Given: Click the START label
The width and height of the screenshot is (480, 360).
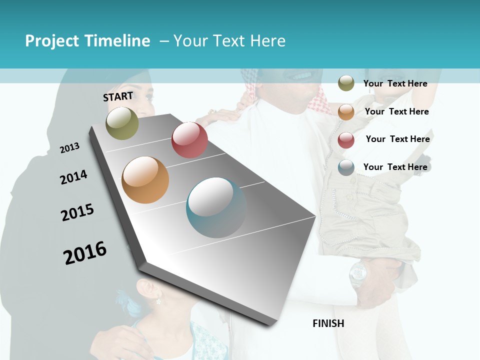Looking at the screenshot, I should click(118, 96).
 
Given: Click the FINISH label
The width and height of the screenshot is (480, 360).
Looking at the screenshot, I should click(328, 323).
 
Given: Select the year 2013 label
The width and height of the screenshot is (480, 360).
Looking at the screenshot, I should click(69, 148).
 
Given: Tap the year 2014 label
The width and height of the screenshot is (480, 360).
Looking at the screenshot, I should click(73, 177).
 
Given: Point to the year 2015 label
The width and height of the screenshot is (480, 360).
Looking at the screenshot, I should click(77, 212).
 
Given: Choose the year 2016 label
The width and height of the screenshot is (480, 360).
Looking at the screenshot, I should click(85, 252).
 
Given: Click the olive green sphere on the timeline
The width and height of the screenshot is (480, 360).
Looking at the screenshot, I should click(122, 123).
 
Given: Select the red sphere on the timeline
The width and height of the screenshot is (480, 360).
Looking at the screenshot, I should click(189, 140).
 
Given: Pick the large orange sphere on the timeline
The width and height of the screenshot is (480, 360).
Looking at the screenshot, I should click(145, 180).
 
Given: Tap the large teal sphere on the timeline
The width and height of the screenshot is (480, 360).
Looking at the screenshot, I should click(216, 207).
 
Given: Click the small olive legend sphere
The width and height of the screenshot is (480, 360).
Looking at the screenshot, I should click(346, 83).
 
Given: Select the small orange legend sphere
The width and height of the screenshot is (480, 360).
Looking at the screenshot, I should click(346, 112).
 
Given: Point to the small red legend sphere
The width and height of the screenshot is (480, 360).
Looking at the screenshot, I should click(346, 140).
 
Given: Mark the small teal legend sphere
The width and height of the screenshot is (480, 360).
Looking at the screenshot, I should click(346, 167).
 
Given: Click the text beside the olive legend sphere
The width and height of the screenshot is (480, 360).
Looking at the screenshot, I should click(395, 83).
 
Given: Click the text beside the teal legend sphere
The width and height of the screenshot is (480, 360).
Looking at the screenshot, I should click(395, 167).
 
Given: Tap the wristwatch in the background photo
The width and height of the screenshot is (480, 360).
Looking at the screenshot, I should click(358, 273).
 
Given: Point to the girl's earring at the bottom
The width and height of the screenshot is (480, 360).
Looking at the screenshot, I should click(158, 301).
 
